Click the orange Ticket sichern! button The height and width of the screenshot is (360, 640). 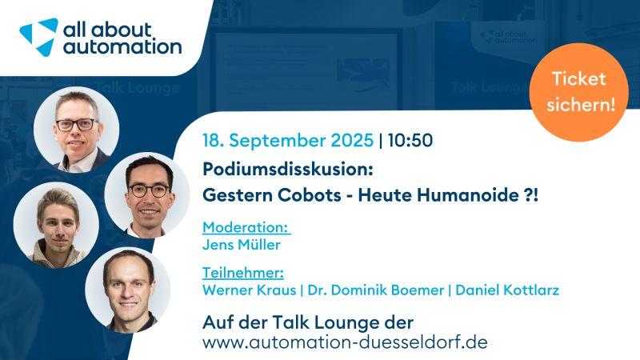[578, 92]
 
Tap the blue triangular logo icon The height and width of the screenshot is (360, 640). [38, 37]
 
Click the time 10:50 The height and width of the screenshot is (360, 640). [410, 141]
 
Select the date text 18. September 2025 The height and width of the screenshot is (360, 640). [288, 141]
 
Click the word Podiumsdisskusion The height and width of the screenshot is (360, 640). [288, 170]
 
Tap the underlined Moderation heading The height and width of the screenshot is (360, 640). [246, 227]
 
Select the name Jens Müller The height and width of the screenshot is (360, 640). [242, 245]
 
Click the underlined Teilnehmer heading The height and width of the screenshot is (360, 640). [243, 272]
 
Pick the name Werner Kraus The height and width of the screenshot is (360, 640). [249, 290]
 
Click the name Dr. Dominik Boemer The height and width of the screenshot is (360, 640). [375, 290]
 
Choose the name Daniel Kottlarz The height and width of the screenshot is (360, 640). [507, 290]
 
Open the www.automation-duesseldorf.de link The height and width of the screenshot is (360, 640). [345, 342]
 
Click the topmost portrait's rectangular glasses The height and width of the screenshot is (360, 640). [76, 125]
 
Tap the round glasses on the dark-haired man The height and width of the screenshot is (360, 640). [149, 190]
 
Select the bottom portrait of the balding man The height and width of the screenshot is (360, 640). [128, 290]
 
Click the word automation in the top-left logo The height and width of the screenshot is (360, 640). [122, 46]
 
